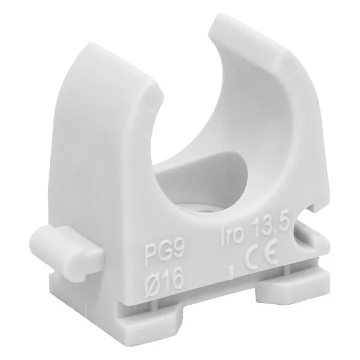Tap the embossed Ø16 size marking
click(x=164, y=278)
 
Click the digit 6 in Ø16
click(x=177, y=277)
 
